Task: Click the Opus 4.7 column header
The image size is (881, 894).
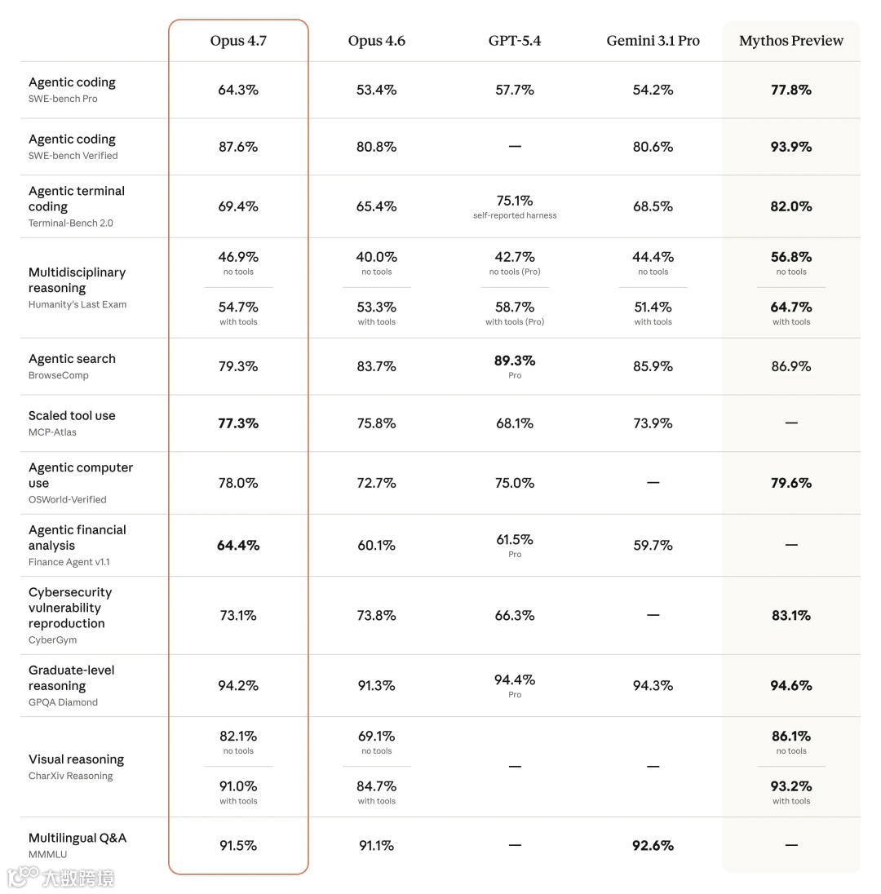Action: coord(238,41)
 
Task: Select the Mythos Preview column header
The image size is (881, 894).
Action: coord(790,41)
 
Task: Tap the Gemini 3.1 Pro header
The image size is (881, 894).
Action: coord(653,41)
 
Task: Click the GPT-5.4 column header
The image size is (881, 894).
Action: coord(515,41)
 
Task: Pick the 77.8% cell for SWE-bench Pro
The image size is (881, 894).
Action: coord(790,90)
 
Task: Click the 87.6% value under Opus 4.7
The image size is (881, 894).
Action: coord(238,147)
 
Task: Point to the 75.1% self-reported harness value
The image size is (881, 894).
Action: coord(515,201)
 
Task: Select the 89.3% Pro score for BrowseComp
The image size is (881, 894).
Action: coord(515,361)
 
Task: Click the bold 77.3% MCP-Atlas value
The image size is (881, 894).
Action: coord(238,423)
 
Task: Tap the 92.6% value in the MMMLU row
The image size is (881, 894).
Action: coord(653,846)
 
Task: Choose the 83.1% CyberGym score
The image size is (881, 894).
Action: coord(790,616)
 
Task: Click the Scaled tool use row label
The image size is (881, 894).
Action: coord(72,416)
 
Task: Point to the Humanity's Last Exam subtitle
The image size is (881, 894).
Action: coord(77,304)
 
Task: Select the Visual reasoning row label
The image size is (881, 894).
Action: coord(76,759)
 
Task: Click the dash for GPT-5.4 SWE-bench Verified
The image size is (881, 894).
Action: coord(515,147)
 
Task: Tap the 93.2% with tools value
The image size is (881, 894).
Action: coord(790,786)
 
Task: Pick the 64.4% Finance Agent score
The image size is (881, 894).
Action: coord(238,545)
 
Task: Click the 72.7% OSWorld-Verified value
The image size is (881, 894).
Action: coord(376,483)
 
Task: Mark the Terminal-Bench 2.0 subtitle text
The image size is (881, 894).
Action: coord(71,223)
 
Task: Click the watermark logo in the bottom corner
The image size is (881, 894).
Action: coord(24,877)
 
